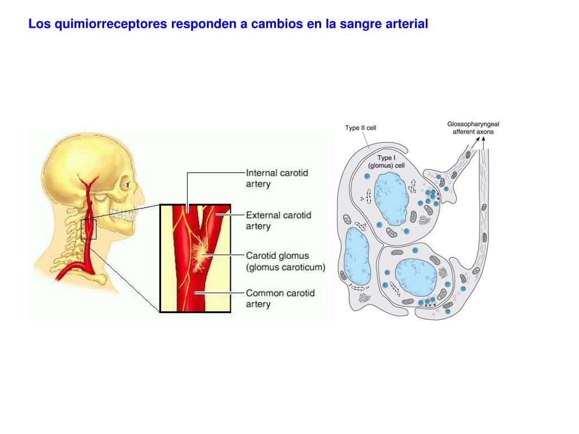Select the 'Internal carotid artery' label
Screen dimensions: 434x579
coord(277,178)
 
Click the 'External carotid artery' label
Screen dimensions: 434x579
coord(278,220)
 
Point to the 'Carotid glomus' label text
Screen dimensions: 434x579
coord(277,256)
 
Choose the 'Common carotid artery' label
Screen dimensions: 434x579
coord(280,298)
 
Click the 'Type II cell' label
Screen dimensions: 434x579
coord(360,128)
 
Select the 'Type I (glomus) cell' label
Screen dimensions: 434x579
coord(391,162)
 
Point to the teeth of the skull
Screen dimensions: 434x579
coord(121,215)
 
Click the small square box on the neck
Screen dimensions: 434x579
coord(89,229)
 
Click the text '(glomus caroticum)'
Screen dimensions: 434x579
coord(286,267)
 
